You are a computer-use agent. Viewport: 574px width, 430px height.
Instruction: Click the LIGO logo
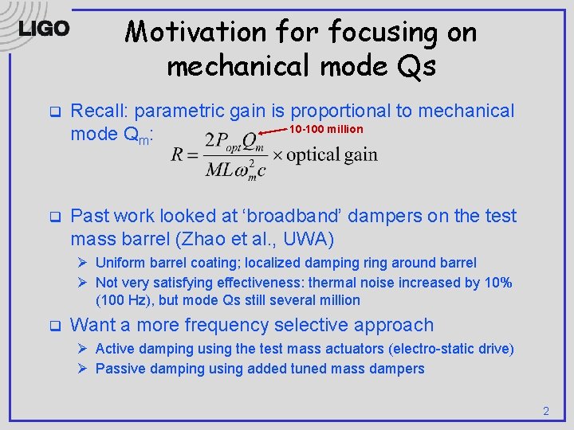pyautogui.click(x=44, y=29)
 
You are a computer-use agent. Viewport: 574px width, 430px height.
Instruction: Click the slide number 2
pyautogui.click(x=546, y=411)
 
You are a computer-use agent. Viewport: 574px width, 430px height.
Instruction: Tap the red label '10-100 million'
pyautogui.click(x=325, y=129)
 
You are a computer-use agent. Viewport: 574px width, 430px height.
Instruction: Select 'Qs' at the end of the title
pyautogui.click(x=418, y=67)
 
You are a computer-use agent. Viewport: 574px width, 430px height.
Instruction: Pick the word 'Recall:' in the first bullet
pyautogui.click(x=99, y=111)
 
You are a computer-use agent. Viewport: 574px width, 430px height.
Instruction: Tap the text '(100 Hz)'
pyautogui.click(x=122, y=300)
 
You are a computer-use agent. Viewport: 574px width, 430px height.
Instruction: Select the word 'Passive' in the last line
pyautogui.click(x=120, y=368)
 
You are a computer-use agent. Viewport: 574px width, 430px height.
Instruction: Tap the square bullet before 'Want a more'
pyautogui.click(x=54, y=326)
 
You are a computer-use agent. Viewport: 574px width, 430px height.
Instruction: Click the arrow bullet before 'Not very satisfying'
pyautogui.click(x=82, y=283)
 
